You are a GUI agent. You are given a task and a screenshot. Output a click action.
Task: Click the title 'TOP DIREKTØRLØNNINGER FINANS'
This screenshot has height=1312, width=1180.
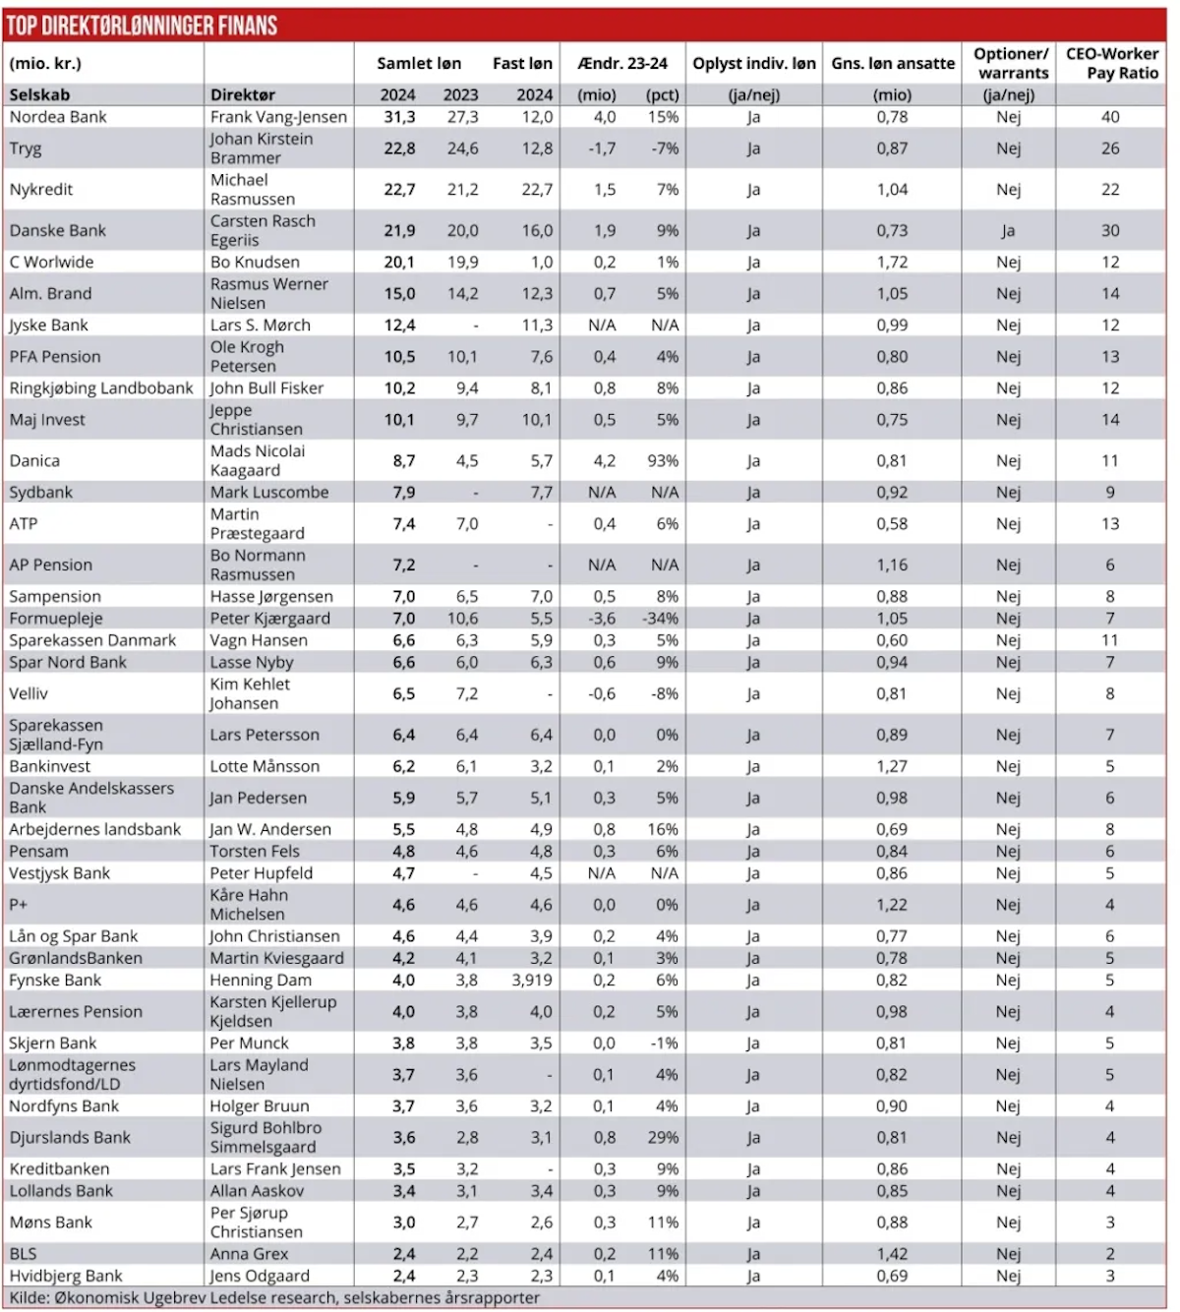pos(143,26)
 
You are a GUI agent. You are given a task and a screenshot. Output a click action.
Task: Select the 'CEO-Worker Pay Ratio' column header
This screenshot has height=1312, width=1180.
pos(1111,63)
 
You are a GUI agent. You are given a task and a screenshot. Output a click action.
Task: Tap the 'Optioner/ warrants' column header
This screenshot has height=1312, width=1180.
pos(1011,63)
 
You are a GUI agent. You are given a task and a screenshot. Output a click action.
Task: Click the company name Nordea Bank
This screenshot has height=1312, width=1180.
pos(58,117)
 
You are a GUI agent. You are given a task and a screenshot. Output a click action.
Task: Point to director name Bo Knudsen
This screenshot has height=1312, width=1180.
pos(255,263)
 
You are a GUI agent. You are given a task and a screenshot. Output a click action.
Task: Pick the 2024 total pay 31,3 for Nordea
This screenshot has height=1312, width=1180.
pos(399,117)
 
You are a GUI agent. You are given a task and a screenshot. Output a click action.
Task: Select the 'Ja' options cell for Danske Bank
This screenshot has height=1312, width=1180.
pos(1008,231)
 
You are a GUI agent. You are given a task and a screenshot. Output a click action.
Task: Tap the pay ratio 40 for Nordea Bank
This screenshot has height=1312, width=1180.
pos(1110,117)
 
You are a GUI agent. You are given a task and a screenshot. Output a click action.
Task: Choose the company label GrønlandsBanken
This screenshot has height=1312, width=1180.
pos(76,958)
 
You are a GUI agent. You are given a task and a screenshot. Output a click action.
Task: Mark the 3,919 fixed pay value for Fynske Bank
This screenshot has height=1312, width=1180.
pos(532,981)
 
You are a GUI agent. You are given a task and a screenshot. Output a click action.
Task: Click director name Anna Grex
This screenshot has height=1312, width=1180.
pos(250,1254)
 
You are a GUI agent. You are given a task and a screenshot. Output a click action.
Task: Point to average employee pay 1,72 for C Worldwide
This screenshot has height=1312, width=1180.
pos(892,263)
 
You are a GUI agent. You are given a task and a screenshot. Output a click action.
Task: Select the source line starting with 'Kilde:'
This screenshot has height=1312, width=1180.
pos(274,1297)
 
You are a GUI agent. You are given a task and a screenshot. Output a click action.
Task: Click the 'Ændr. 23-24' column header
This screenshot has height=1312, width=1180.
pos(622,64)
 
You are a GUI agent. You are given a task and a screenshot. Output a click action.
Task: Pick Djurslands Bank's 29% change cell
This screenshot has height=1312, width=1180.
pos(663,1138)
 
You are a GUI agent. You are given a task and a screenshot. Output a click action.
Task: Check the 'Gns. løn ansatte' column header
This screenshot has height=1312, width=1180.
pos(893,64)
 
